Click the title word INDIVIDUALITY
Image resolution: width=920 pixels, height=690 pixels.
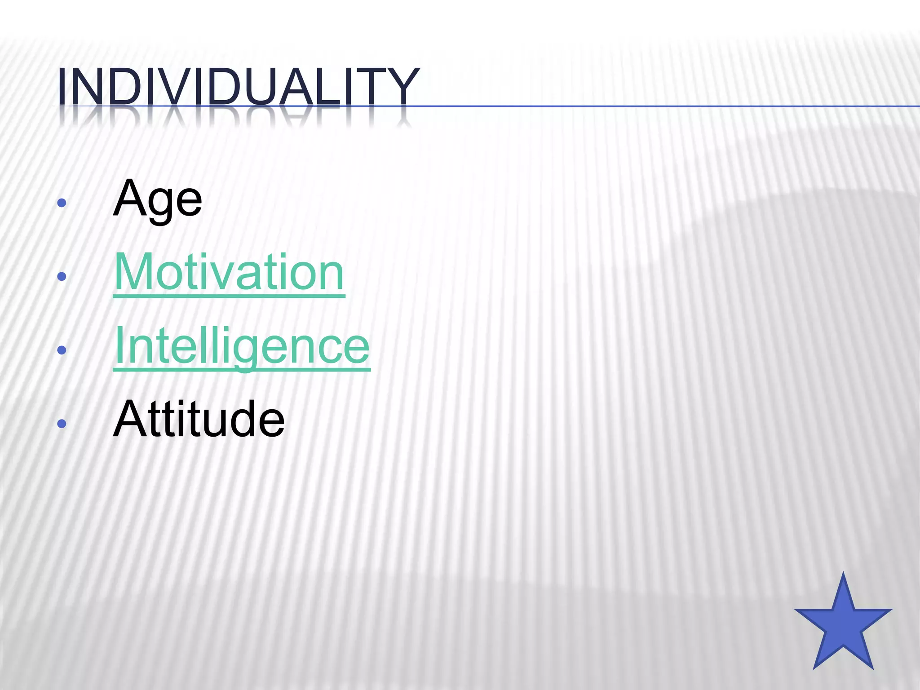(x=238, y=86)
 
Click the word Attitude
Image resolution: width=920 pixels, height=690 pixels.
(x=199, y=420)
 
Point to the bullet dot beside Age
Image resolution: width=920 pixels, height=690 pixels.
(x=62, y=203)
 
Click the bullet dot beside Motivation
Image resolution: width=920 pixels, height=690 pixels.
(x=62, y=276)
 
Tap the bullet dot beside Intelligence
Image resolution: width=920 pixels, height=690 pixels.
(x=62, y=350)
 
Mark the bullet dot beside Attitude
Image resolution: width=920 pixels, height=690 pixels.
(x=62, y=423)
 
